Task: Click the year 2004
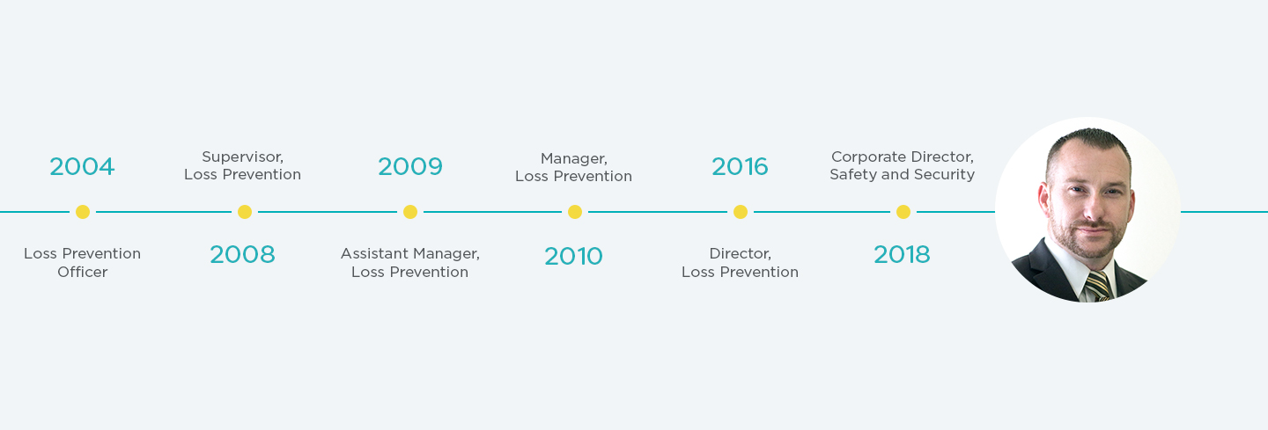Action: point(82,166)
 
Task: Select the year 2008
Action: point(242,255)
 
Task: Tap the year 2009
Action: point(409,166)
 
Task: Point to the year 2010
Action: point(573,256)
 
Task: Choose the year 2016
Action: point(740,166)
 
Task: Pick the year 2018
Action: point(902,255)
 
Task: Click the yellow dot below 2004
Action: point(83,212)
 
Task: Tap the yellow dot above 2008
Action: point(245,212)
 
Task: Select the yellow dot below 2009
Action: point(409,212)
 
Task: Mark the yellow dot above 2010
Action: point(575,212)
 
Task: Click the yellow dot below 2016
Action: point(741,212)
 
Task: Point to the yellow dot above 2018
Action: point(903,212)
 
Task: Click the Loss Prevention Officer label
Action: point(82,263)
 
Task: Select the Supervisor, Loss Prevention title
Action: point(242,165)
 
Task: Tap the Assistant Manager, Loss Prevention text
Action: point(409,263)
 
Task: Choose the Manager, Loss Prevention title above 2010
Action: point(573,167)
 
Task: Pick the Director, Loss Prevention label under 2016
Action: point(740,263)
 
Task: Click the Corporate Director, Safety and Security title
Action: point(902,165)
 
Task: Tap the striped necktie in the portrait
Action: point(1097,286)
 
